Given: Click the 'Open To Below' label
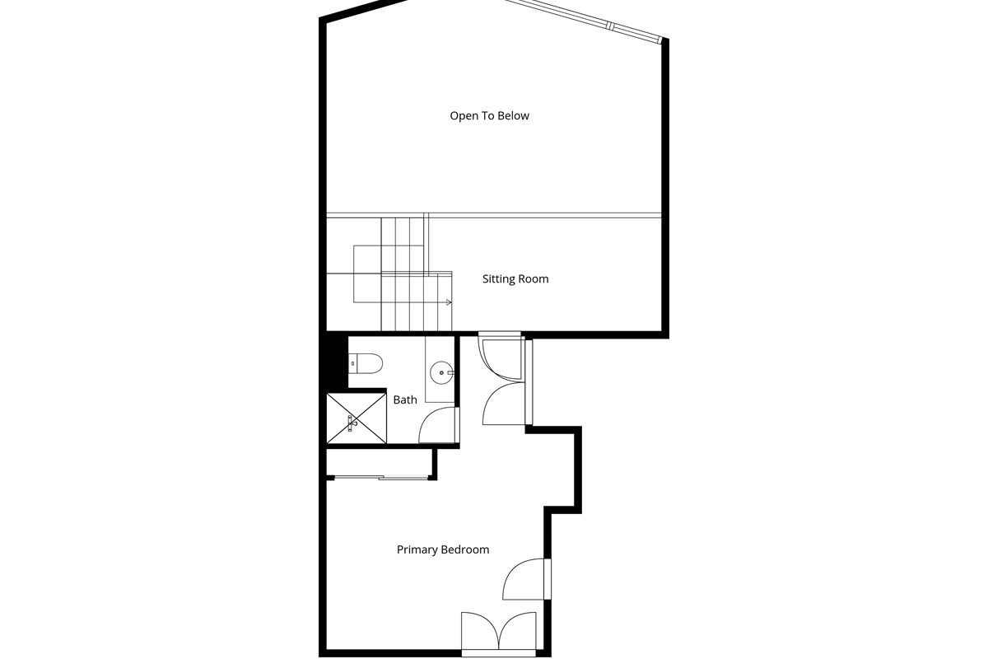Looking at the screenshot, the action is tap(489, 116).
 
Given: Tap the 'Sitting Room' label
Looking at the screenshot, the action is tap(515, 279).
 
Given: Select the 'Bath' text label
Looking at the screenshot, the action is tap(405, 400).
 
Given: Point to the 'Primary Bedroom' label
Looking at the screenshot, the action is tap(443, 549).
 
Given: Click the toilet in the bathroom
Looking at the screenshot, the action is tap(366, 363).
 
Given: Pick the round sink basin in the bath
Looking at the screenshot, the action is tap(441, 373).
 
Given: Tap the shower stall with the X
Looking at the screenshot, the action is tap(357, 418).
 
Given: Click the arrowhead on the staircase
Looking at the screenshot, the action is tap(449, 302).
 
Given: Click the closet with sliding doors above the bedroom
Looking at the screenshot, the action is tap(379, 463).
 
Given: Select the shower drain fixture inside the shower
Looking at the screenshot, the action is tap(352, 423).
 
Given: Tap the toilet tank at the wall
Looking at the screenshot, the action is tap(352, 363).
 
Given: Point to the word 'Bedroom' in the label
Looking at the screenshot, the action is tap(465, 549).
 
